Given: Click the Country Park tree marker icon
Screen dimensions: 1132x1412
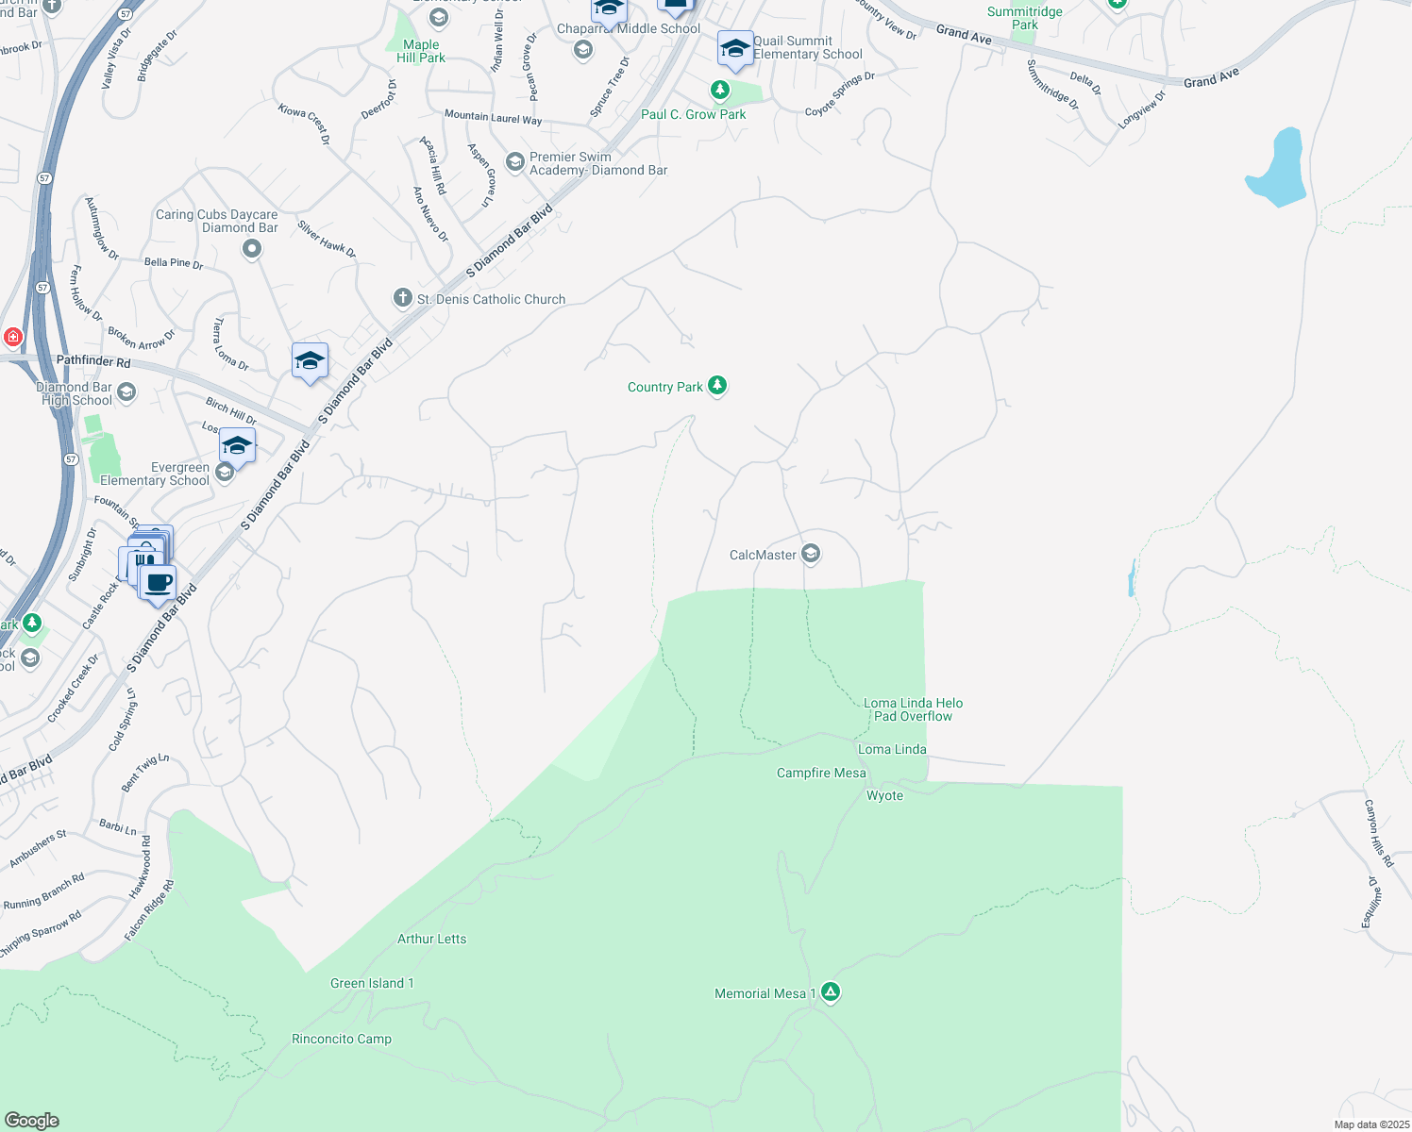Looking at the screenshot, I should coord(717,385).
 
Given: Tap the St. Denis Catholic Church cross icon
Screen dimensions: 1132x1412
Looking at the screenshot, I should coord(402,298).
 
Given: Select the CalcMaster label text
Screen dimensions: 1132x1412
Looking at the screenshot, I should coord(763,555).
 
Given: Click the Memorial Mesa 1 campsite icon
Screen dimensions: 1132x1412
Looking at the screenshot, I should coord(831,991).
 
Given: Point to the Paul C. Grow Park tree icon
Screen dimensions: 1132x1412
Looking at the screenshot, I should coord(720,91).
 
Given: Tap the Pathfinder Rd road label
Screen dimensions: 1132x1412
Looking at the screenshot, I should coord(93,360).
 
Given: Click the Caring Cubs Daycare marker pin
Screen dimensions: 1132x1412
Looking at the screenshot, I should coord(251,248).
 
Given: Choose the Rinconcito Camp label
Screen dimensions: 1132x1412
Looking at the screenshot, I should coord(342,1039).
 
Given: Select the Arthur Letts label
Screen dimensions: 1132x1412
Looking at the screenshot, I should coord(431,939).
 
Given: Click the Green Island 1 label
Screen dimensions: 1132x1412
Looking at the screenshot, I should coord(372,983).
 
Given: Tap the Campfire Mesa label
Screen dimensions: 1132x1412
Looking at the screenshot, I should coord(821,773).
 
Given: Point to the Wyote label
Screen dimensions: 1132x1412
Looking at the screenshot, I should coord(884,795).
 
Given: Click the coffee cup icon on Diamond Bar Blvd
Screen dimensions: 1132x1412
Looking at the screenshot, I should coord(159,581).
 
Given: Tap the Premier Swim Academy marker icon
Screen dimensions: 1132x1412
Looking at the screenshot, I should coord(515,162).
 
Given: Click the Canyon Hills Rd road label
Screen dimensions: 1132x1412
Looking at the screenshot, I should coord(1378,833).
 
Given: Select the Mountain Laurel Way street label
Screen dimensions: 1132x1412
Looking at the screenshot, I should coord(493,117).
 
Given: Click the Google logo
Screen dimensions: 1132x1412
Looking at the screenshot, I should coord(31,1120).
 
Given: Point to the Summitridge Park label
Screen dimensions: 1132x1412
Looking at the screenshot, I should coord(1025,18).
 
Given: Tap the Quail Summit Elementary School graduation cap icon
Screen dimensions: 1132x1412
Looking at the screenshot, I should coord(734,48).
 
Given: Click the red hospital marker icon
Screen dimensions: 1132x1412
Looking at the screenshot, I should coord(12,337).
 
